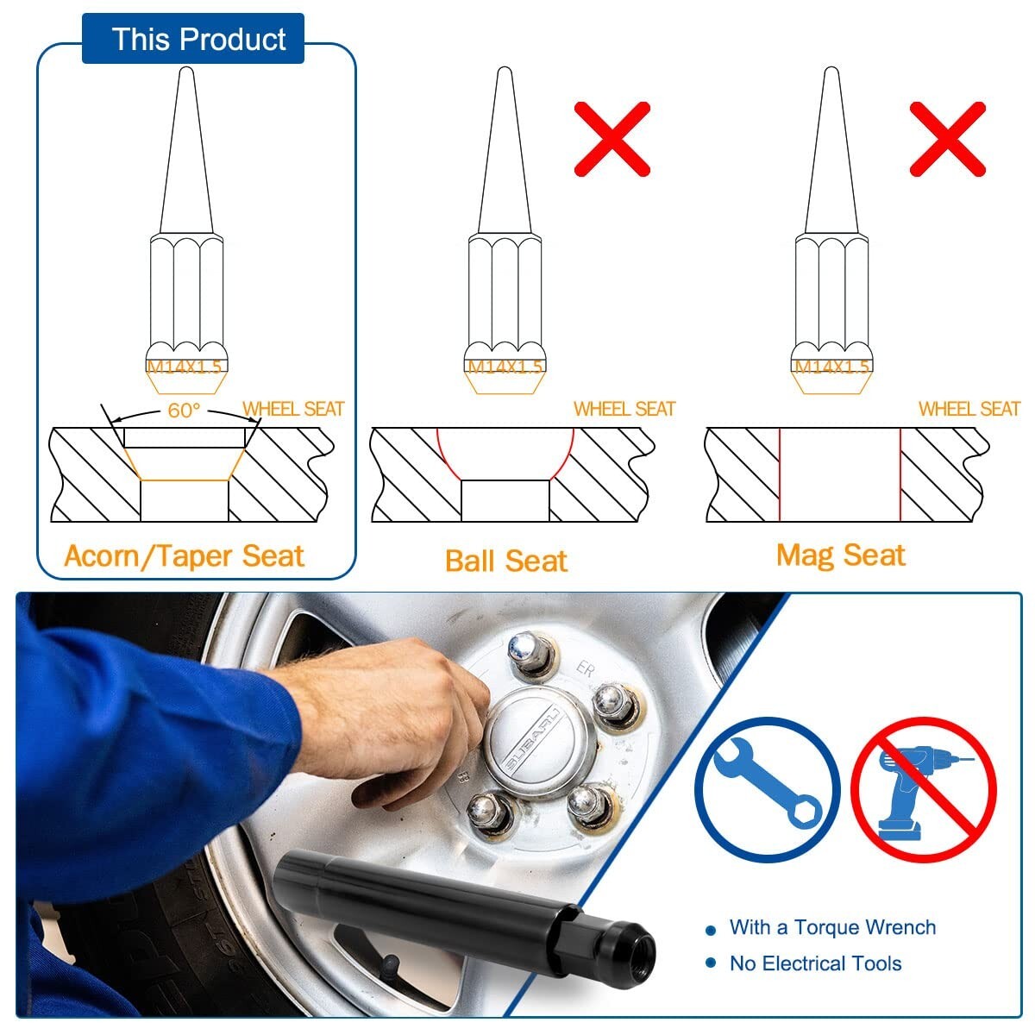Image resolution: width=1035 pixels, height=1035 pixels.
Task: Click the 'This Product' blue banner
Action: coord(193,38)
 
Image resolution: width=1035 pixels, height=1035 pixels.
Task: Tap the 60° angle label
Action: coord(184,411)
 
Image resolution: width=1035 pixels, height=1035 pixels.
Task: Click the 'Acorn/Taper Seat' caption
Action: coord(184,556)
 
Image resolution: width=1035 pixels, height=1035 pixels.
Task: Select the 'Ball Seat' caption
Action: coord(506,561)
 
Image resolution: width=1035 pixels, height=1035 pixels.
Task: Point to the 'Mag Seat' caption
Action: coord(841,555)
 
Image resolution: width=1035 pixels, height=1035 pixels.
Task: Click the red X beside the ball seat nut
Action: coord(612,139)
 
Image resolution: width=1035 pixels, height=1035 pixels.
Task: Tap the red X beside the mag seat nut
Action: coord(947,139)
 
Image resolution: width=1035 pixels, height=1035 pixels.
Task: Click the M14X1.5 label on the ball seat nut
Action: coord(505,367)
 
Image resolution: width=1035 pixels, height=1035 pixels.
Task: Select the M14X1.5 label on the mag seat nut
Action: coord(831,367)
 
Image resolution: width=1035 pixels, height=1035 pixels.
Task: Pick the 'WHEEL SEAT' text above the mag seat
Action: coord(969,409)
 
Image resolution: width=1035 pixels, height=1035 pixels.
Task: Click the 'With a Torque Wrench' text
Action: coord(832,927)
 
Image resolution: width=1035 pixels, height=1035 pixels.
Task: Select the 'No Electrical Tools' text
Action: coord(815,963)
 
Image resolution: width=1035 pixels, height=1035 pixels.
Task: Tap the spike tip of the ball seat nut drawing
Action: coord(505,68)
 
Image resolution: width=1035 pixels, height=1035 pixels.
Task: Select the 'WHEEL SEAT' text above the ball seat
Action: coord(624,409)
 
